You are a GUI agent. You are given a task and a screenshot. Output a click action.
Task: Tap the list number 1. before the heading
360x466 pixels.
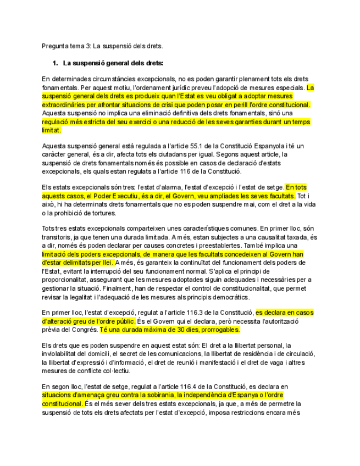tap(55, 63)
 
